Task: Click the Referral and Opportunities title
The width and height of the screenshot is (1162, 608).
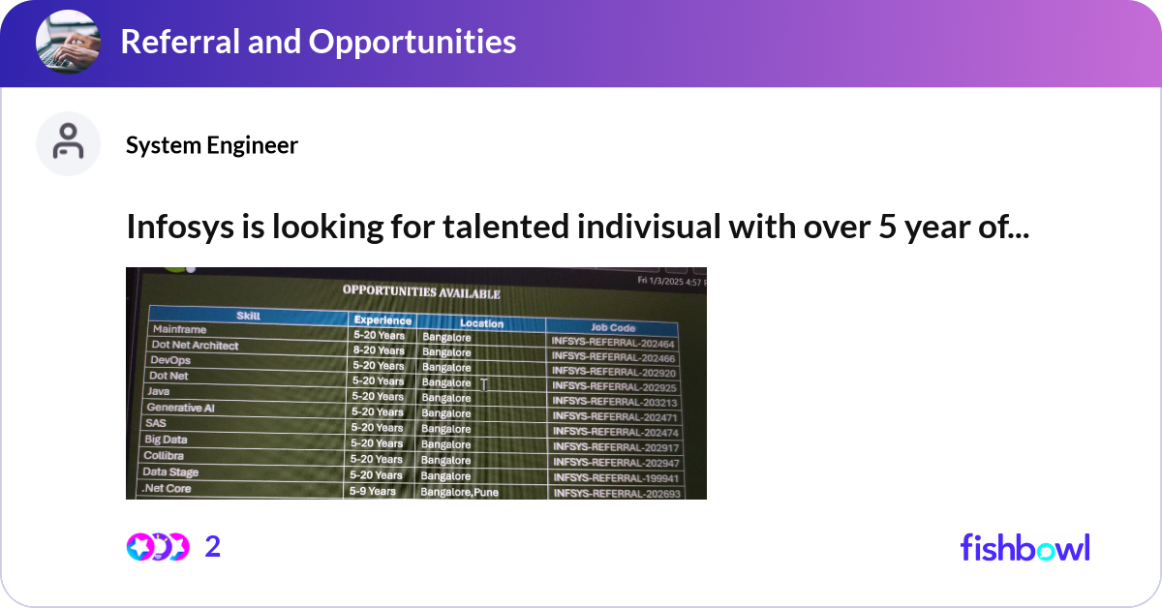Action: coord(318,42)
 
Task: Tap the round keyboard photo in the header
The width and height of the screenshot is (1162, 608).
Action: coord(69,43)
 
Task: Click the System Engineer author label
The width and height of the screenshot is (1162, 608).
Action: coord(212,145)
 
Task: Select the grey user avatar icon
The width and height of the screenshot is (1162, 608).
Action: coord(68,143)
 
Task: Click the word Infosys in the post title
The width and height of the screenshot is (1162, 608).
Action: coord(175,227)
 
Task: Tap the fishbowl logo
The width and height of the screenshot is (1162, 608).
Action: coord(1024,547)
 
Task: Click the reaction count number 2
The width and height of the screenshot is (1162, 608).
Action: coord(213,547)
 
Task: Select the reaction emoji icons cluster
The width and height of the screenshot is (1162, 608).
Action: coord(158,547)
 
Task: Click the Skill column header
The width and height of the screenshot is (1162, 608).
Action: coord(248,316)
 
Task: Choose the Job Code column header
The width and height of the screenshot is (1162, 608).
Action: coord(612,327)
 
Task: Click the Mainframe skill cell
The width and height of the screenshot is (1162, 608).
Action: coord(179,329)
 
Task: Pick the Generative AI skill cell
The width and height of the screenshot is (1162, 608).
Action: coord(180,408)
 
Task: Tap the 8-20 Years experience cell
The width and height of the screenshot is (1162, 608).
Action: coord(378,350)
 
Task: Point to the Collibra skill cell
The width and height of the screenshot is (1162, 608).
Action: coord(164,455)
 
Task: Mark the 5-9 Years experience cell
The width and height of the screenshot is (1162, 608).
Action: coord(373,491)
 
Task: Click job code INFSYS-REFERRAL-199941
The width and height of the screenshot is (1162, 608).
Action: coord(614,478)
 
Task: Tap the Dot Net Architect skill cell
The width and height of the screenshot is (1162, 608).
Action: coord(195,345)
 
